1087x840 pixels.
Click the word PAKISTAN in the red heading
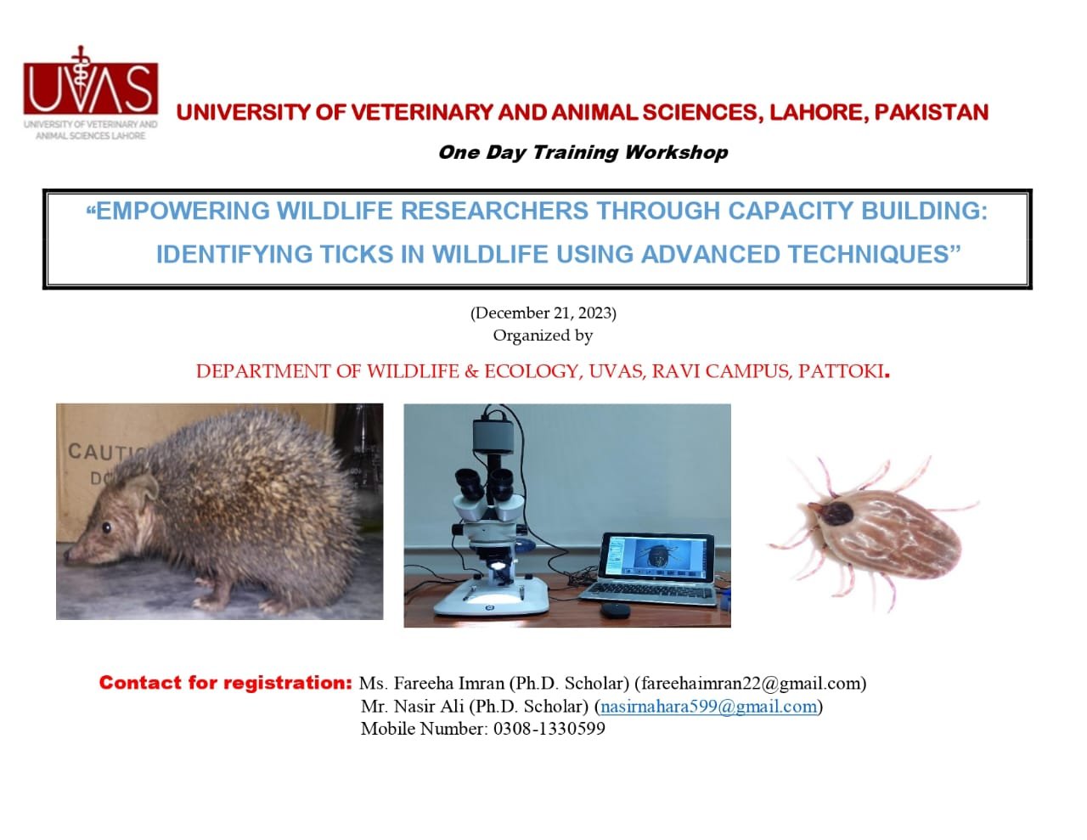[931, 112]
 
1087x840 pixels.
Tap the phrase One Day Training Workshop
[583, 152]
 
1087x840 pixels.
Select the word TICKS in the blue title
[357, 254]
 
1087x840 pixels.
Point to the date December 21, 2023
[543, 313]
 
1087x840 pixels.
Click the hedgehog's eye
[106, 527]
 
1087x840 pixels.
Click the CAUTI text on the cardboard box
[106, 452]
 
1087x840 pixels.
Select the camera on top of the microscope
[493, 436]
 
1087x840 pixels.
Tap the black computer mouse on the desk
[615, 609]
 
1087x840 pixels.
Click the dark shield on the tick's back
[836, 514]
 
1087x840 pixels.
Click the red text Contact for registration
[226, 682]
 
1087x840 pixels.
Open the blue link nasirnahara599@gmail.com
[708, 706]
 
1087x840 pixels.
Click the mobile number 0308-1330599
[549, 729]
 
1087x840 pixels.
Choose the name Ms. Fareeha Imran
[431, 683]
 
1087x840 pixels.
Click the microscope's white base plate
[491, 597]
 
